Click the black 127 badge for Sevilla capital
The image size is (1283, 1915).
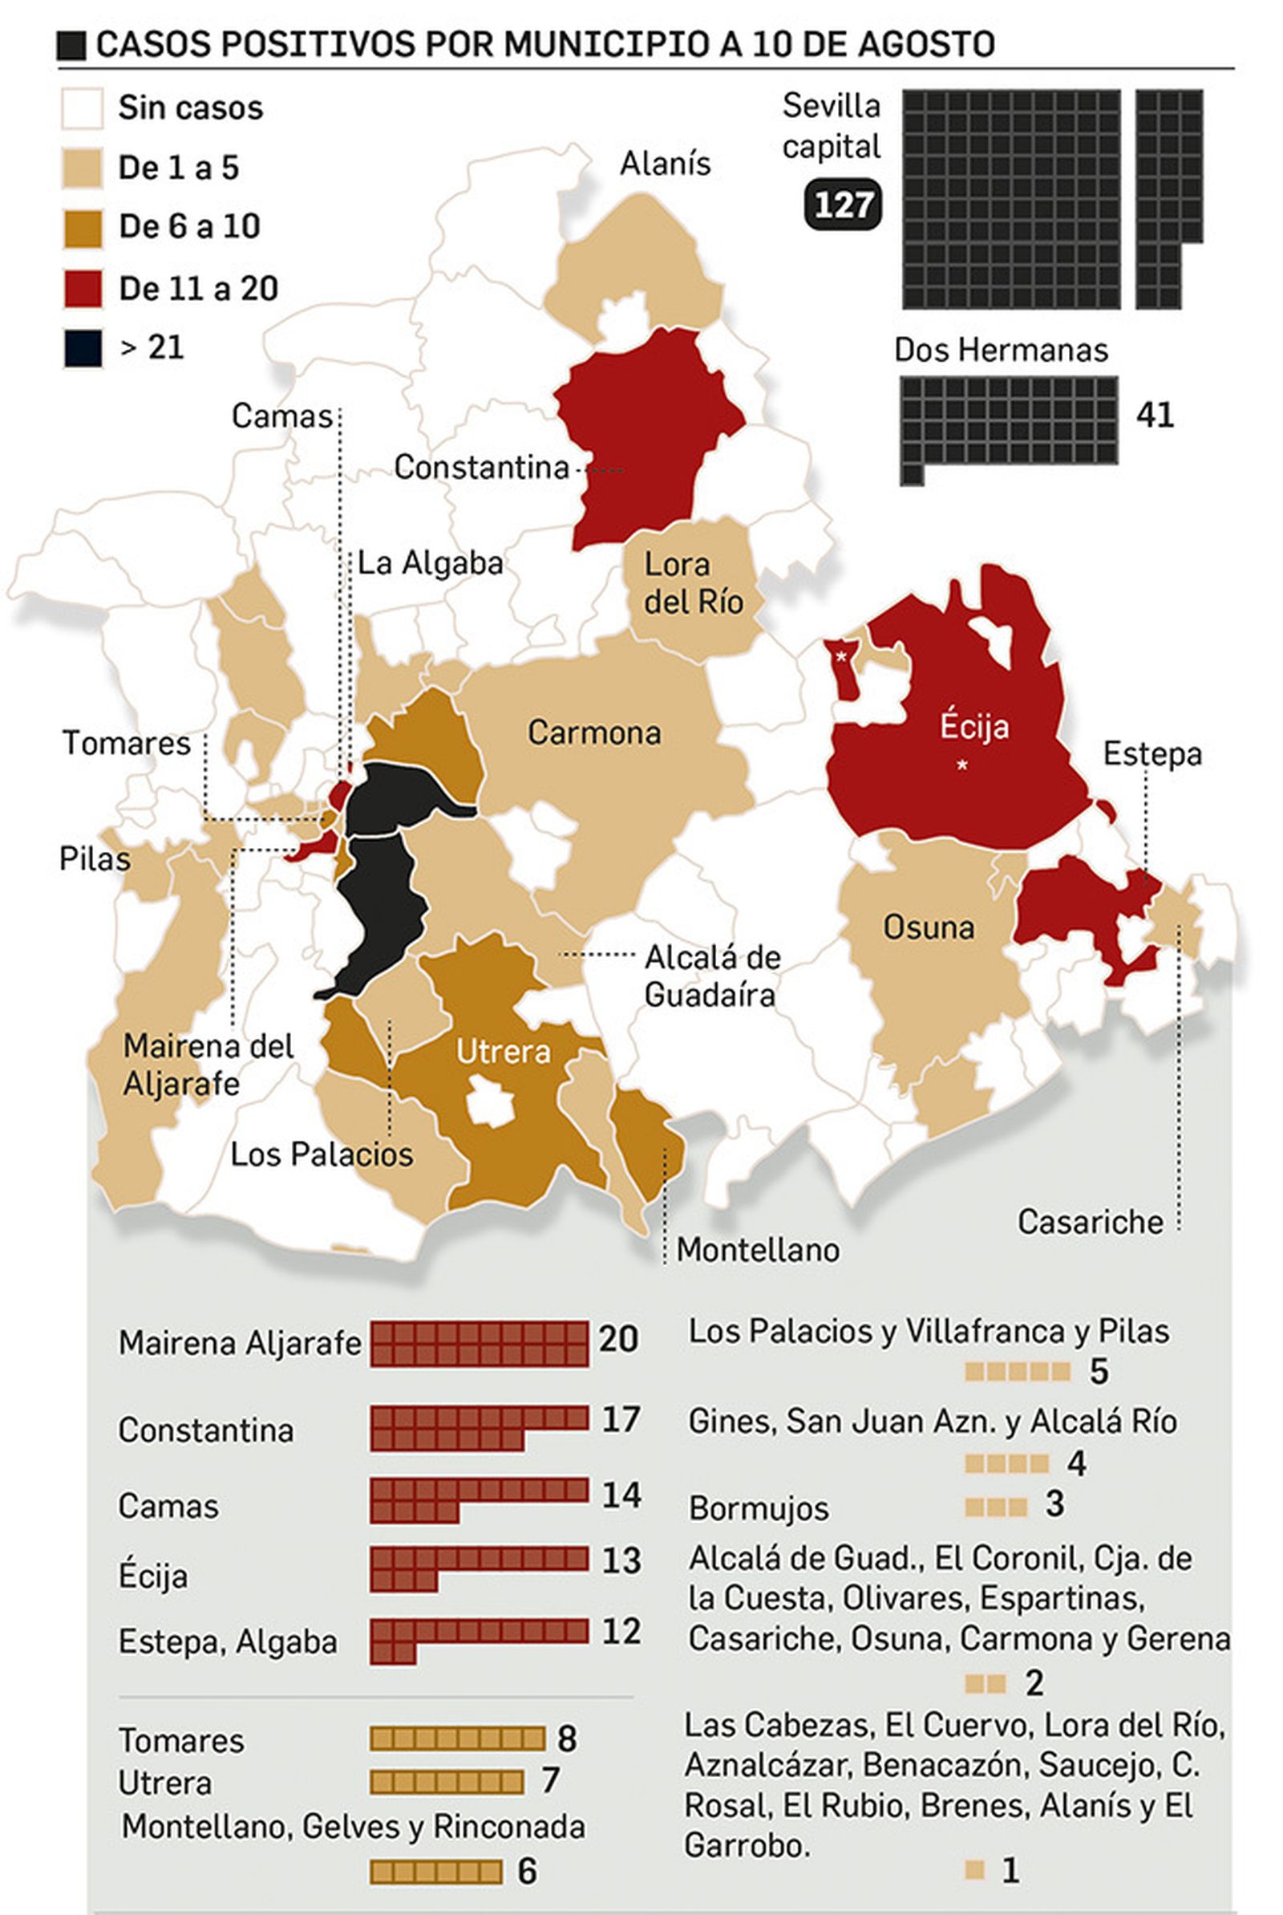point(844,204)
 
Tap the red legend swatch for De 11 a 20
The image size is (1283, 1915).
point(82,289)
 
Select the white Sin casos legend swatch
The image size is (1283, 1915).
point(82,109)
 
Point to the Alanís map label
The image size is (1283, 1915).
point(666,164)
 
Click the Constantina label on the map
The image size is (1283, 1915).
point(481,468)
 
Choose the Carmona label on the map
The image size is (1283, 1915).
point(594,732)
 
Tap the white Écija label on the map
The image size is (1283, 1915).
point(973,727)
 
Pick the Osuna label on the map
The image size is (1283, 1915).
point(929,928)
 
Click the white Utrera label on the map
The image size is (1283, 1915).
point(504,1052)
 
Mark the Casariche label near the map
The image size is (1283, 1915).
point(1090,1223)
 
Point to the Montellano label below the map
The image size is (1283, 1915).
point(758,1251)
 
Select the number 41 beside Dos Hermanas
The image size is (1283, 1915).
point(1155,416)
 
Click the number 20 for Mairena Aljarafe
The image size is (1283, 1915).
point(617,1340)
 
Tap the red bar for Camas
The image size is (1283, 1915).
point(479,1500)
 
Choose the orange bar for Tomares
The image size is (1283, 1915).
point(456,1739)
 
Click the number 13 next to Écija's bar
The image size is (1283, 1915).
point(621,1560)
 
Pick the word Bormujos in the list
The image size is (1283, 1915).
point(759,1509)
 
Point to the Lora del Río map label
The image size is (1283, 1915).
point(693,582)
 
